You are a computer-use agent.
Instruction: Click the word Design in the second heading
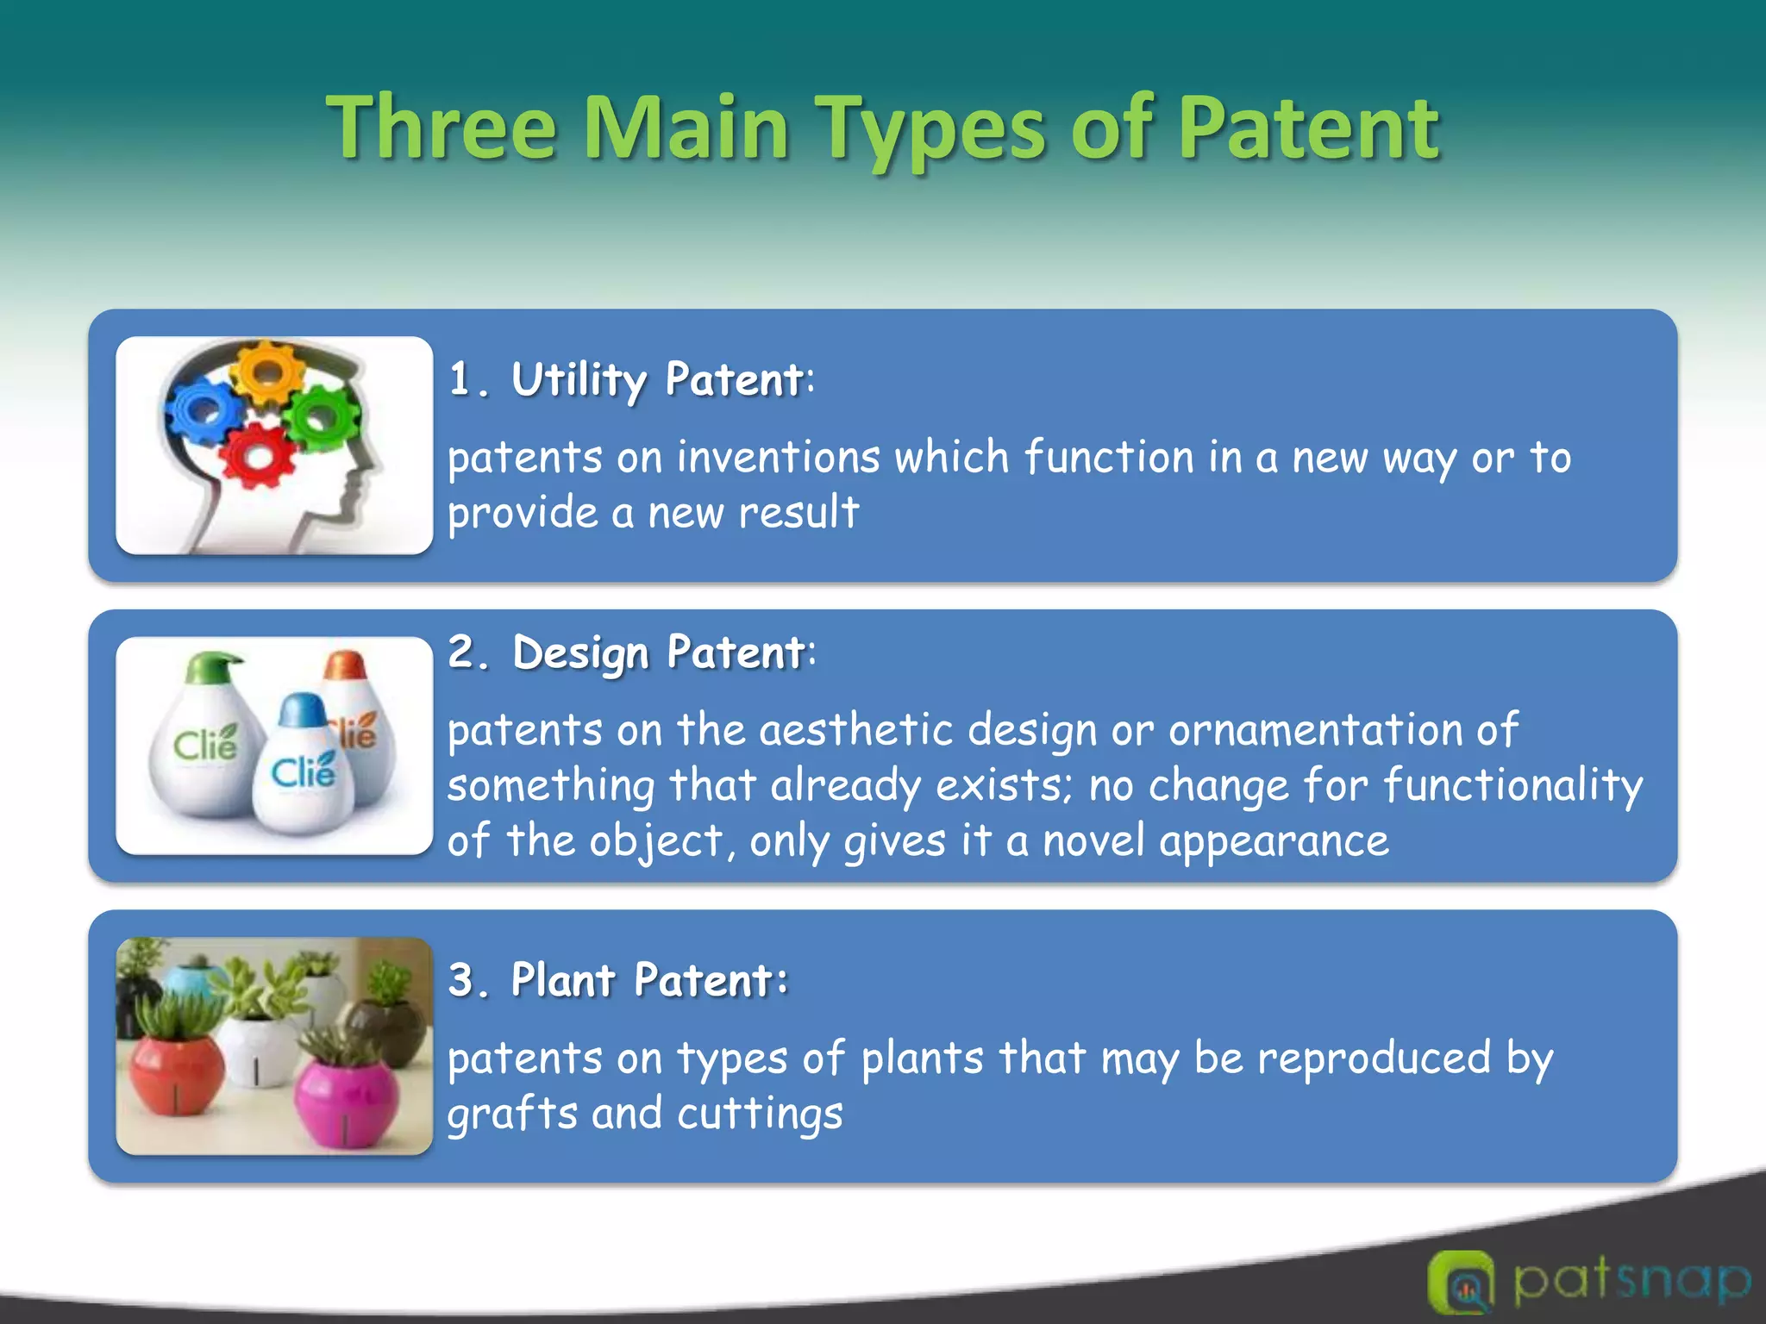pos(580,653)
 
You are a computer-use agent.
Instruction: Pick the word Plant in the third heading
pos(563,980)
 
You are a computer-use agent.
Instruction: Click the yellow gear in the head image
pos(269,373)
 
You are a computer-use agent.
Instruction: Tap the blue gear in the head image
pos(204,412)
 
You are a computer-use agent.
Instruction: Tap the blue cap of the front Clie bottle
pos(302,710)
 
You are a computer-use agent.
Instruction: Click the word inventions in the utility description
pos(778,457)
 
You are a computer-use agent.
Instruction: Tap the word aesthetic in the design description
pos(855,730)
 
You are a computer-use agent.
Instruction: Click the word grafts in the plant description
pos(511,1114)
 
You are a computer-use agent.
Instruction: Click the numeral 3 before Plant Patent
pos(461,980)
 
